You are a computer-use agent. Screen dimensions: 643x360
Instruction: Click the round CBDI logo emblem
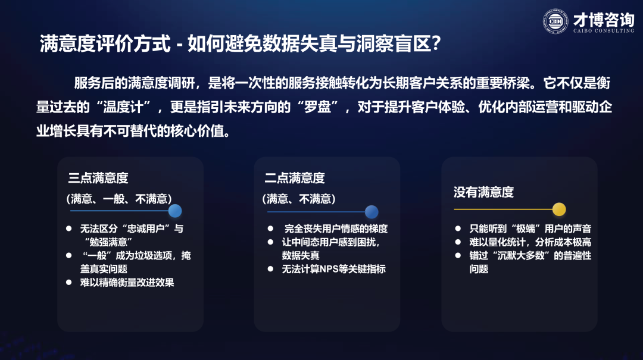[x=555, y=21]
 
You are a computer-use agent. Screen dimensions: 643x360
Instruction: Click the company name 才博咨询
[x=604, y=20]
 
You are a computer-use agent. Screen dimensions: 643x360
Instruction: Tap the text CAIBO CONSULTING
[x=604, y=31]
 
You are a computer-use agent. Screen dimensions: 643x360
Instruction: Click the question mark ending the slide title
[x=436, y=43]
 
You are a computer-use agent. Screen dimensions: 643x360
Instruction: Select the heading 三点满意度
[x=98, y=178]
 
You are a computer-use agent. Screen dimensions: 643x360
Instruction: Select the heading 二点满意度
[x=295, y=178]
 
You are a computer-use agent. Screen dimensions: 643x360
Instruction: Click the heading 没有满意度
[x=483, y=192]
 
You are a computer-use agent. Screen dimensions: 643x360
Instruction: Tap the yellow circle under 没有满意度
[x=559, y=209]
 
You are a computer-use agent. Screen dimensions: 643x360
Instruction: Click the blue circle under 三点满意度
[x=175, y=211]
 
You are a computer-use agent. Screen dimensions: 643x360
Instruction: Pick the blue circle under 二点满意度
[x=372, y=212]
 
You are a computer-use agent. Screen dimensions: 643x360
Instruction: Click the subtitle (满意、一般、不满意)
[x=119, y=199]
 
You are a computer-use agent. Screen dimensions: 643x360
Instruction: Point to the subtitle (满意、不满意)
[x=299, y=199]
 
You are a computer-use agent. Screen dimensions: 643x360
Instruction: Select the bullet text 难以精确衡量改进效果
[x=127, y=283]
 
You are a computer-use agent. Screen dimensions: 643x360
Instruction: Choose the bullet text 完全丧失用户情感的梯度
[x=336, y=228]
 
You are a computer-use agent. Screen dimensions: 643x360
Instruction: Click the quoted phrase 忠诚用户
[x=148, y=228]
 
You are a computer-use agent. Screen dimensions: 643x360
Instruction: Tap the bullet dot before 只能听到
[x=458, y=228]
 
